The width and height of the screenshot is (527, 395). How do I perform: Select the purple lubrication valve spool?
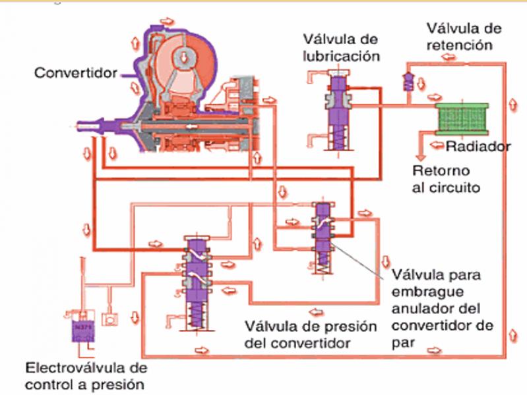338,105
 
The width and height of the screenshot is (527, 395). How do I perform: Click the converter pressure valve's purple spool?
196,276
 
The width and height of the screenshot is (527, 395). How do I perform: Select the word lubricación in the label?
341,55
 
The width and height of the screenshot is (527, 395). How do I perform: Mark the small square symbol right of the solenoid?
113,319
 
